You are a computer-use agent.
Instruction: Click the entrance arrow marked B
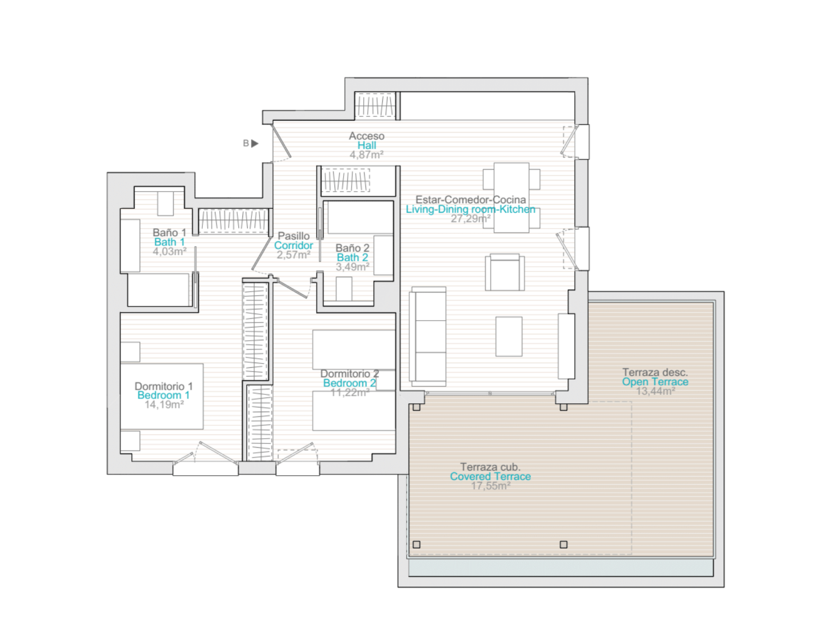255,143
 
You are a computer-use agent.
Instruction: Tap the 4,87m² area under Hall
366,155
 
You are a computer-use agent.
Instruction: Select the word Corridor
293,245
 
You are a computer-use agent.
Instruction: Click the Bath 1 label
169,242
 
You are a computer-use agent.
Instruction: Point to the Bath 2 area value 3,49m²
353,267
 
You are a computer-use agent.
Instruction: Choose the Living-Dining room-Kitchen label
470,209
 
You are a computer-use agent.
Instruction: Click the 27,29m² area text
470,219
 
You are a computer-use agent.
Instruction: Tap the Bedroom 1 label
163,395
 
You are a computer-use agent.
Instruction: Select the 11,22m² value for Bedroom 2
350,393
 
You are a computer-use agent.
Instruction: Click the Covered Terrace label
490,476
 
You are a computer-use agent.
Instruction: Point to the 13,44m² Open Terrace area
655,391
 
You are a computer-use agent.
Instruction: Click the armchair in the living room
505,272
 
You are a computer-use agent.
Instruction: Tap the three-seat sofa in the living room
428,336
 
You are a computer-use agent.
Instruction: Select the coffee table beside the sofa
509,337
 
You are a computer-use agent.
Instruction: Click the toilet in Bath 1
166,203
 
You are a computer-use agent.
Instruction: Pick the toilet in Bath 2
344,289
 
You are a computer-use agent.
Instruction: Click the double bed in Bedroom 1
161,396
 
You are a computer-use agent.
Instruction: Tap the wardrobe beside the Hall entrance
375,105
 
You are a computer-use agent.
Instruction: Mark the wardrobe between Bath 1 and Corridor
233,221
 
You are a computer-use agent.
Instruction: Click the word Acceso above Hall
366,136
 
